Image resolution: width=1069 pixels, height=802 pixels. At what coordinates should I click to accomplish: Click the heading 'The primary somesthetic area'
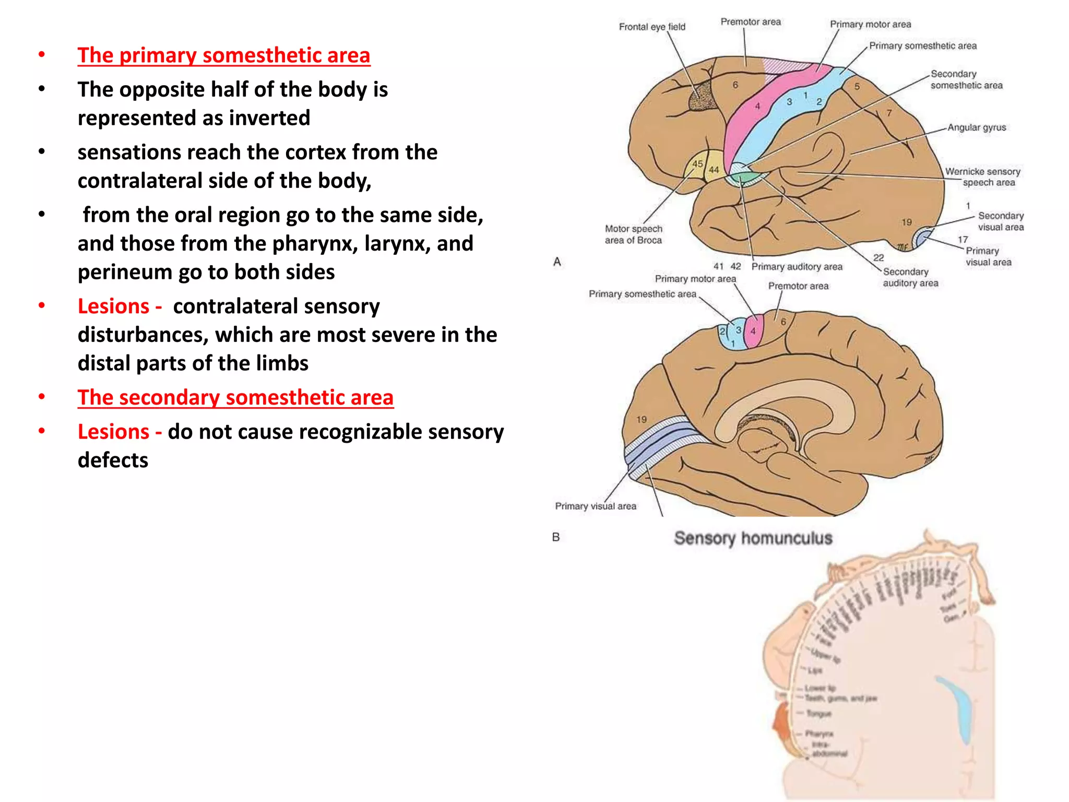223,55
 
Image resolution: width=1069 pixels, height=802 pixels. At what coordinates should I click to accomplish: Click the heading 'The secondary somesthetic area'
235,397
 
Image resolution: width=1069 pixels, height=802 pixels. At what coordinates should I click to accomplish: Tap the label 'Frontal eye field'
652,27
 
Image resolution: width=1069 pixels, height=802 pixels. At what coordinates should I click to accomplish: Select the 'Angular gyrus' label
977,127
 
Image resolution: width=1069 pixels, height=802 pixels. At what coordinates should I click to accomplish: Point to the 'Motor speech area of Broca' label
633,234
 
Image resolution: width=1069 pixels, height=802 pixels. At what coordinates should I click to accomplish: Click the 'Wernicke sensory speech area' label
983,177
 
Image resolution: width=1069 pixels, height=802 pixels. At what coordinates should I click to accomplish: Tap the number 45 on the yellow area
697,164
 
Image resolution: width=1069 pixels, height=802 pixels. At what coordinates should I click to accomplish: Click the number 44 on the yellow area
714,170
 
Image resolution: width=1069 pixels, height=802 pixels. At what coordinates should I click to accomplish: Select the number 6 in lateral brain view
735,85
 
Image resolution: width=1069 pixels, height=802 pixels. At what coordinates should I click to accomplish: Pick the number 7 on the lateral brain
889,113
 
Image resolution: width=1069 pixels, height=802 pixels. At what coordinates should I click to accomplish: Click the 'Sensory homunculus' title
753,538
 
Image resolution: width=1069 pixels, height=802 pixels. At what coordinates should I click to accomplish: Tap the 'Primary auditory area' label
797,267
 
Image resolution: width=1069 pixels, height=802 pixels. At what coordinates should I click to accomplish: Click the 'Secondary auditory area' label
910,277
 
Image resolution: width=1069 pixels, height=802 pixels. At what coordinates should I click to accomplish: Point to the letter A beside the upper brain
557,262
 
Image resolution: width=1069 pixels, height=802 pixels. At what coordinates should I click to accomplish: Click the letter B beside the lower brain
556,537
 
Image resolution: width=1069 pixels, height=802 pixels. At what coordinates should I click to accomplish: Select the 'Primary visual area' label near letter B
596,506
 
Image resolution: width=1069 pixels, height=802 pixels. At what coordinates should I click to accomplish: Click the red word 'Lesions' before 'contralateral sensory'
114,306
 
